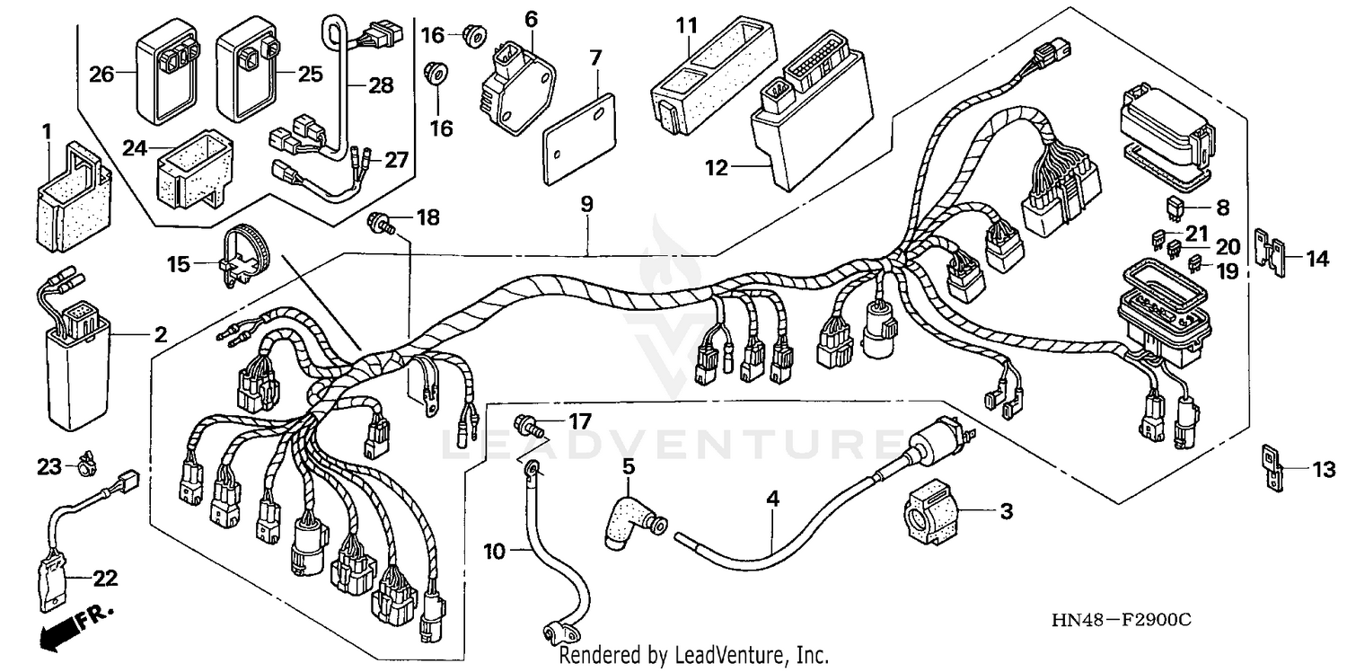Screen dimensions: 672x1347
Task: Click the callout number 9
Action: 586,205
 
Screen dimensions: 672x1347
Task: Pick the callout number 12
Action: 718,167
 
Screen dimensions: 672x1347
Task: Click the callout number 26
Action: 101,75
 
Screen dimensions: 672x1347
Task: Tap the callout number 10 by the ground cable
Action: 495,550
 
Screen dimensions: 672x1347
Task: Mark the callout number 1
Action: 46,133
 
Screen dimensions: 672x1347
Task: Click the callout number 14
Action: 1316,261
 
